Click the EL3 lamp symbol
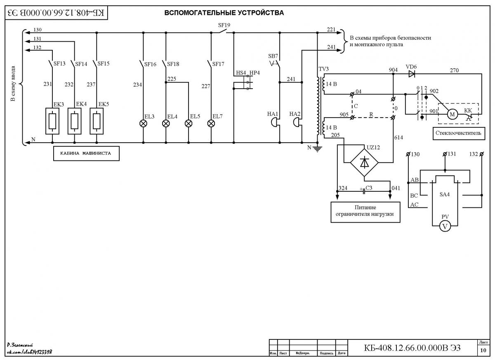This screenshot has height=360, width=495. [143, 123]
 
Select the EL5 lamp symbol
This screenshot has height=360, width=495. [188, 123]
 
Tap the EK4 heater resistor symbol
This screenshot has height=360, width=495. [75, 121]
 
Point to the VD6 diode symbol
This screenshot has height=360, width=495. [412, 74]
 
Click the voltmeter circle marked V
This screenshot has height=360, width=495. [445, 227]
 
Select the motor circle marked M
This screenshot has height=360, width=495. [453, 114]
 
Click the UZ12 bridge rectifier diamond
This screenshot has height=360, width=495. [364, 162]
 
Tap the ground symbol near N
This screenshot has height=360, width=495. [317, 149]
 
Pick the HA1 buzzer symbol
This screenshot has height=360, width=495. [275, 122]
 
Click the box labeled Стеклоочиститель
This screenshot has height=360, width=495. [459, 133]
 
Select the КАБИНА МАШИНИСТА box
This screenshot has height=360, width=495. [86, 153]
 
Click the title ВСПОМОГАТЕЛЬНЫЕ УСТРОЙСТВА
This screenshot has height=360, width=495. [224, 13]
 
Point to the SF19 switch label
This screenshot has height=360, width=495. [224, 25]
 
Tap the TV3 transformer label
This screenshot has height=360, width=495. [323, 69]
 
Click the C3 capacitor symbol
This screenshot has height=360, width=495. [364, 191]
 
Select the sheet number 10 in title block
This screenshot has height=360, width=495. [483, 350]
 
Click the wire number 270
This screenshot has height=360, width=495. [454, 70]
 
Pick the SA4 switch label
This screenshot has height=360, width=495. [445, 194]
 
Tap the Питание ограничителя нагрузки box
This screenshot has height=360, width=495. [365, 212]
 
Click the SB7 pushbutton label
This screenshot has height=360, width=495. [273, 56]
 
